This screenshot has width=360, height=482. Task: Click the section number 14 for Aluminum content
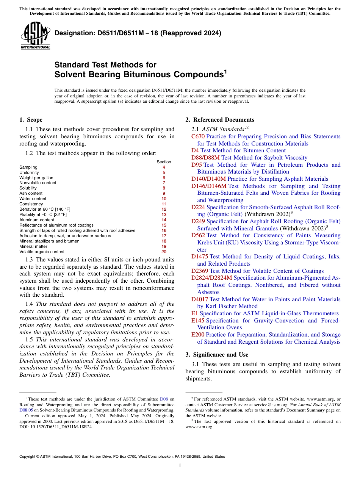point(164,220)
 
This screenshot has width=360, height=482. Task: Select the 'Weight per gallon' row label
point(36,178)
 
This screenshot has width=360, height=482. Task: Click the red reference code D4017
point(199,299)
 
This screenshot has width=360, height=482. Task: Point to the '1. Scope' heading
point(31,120)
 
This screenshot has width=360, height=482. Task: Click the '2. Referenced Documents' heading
point(220,120)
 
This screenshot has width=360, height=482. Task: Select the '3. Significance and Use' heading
point(217,355)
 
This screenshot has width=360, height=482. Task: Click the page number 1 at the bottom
point(180,465)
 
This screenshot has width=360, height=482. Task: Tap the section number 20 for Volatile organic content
point(164,252)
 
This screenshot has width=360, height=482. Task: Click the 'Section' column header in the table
point(164,162)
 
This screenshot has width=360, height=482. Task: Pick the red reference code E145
point(198,321)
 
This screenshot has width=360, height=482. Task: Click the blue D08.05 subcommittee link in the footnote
point(26,410)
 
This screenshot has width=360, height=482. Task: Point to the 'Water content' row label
point(33,199)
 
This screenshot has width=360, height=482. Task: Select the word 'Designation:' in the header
point(73,33)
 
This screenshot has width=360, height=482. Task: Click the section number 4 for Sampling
point(164,167)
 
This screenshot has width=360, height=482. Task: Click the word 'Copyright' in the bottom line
point(28,457)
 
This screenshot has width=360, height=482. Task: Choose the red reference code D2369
point(200,271)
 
